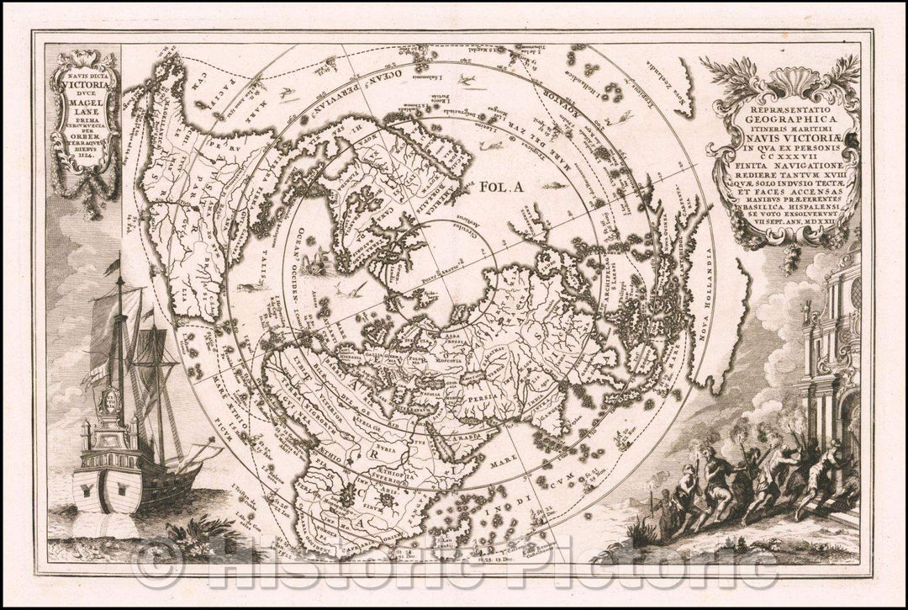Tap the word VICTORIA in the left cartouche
(x=87, y=85)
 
